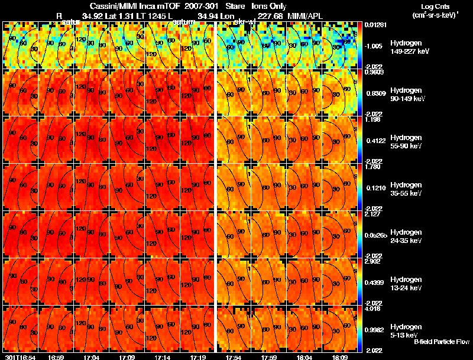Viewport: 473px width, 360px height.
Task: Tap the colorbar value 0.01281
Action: pos(375,25)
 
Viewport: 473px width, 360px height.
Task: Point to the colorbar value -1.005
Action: pos(374,46)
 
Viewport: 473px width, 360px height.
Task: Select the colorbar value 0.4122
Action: pos(374,141)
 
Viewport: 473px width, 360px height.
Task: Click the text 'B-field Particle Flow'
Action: pos(441,342)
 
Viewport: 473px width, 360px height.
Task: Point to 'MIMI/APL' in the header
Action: pos(305,15)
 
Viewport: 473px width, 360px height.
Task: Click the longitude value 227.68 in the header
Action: pos(270,15)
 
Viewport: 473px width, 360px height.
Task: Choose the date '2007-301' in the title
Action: pos(202,6)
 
